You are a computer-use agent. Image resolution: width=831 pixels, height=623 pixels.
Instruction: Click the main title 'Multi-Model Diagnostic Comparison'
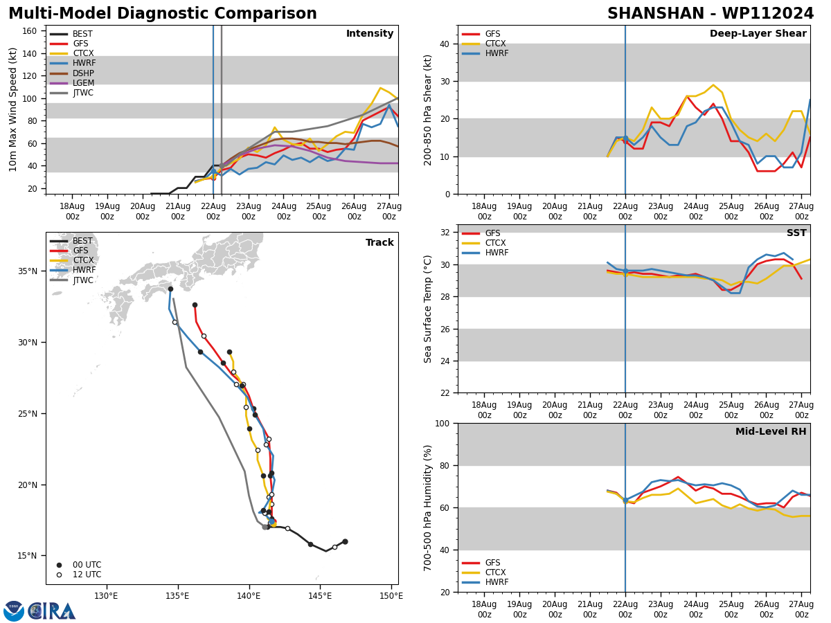tap(163, 14)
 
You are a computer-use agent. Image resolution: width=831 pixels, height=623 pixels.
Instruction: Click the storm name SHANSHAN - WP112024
tap(711, 14)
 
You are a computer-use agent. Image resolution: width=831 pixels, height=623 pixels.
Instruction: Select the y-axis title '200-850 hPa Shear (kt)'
tap(429, 109)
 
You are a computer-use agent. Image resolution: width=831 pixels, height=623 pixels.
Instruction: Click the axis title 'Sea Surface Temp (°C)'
tap(429, 309)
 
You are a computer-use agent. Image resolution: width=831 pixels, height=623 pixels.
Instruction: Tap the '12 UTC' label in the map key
tap(87, 575)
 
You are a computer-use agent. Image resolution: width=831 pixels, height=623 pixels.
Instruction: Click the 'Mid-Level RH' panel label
tap(771, 432)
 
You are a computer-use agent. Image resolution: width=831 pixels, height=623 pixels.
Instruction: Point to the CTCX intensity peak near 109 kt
tap(380, 88)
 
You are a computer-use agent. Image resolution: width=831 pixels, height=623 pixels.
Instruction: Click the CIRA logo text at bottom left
tap(51, 611)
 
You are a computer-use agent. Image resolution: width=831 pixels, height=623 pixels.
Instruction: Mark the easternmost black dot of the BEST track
tap(345, 541)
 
